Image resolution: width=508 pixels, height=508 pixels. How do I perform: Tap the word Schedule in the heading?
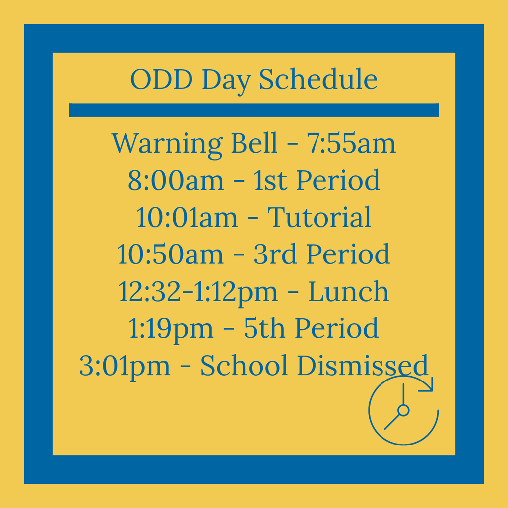318,79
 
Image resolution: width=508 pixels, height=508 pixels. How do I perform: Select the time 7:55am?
351,143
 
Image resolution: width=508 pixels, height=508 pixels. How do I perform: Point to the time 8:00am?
176,180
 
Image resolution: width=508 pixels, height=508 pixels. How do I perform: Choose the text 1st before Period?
270,180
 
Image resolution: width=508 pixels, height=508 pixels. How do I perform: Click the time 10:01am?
187,217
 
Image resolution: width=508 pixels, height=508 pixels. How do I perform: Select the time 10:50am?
170,254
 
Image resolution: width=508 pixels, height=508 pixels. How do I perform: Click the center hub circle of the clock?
403,410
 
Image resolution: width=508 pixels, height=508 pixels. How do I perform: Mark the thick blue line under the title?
254,110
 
